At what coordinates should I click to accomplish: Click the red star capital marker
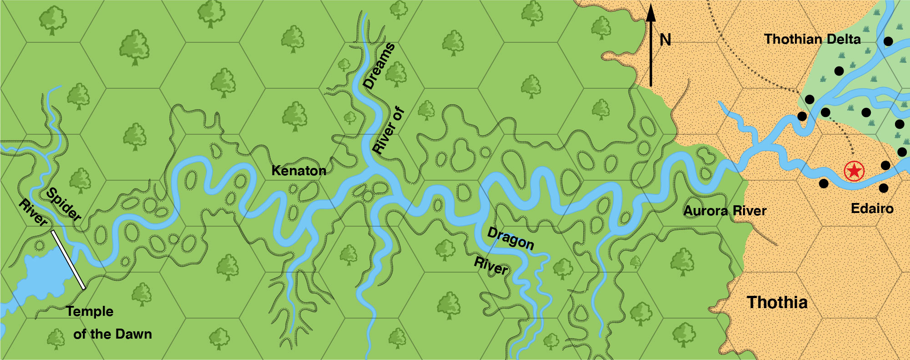(854, 171)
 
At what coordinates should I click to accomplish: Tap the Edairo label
(872, 208)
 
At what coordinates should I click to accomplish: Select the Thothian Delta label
(812, 39)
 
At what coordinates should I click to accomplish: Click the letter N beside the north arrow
(665, 40)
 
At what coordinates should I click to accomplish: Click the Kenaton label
(298, 171)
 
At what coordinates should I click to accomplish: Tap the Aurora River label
(725, 211)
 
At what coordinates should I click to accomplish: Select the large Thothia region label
(777, 302)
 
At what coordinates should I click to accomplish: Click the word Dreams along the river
(379, 66)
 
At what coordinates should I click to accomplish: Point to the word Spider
(64, 204)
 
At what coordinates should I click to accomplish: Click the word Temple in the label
(90, 311)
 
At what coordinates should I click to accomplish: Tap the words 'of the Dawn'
(112, 334)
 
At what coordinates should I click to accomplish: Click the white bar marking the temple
(68, 259)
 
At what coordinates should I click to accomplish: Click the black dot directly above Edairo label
(883, 188)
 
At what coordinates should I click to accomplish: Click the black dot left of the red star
(824, 183)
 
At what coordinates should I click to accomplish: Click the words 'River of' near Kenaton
(388, 130)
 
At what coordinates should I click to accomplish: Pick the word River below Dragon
(490, 265)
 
